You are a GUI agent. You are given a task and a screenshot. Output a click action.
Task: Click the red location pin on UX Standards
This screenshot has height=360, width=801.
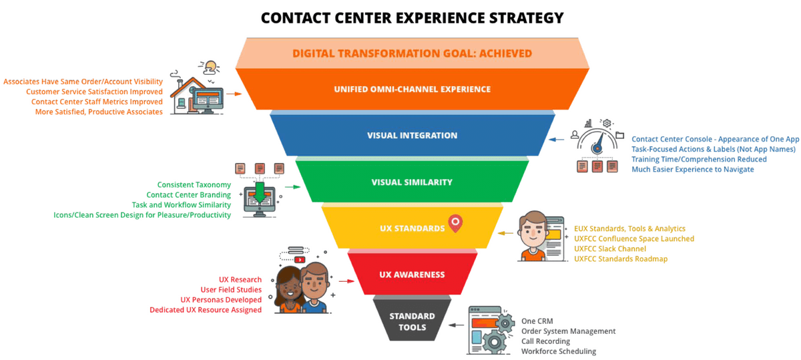click(x=456, y=223)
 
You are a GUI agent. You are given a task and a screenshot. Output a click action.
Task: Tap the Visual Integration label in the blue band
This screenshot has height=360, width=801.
click(x=412, y=136)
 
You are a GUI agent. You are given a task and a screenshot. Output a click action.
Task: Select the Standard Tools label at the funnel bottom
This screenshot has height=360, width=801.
click(x=412, y=321)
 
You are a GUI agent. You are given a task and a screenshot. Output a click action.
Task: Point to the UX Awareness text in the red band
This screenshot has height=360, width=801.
click(x=412, y=275)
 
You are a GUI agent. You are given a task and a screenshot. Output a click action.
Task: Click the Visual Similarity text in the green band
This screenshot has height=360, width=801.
click(x=412, y=182)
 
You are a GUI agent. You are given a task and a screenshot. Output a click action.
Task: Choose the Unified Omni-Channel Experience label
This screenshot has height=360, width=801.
click(x=413, y=89)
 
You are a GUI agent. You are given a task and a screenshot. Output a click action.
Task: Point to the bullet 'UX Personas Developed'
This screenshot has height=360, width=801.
click(x=221, y=300)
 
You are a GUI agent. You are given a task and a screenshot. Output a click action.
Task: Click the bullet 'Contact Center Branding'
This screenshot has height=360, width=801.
click(x=189, y=195)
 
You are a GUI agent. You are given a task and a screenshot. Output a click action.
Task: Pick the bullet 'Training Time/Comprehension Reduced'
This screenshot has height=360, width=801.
click(x=699, y=160)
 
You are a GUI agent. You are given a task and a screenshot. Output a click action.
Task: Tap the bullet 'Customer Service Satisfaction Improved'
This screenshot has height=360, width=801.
click(x=94, y=92)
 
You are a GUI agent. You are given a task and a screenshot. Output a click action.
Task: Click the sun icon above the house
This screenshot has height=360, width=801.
click(x=211, y=66)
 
